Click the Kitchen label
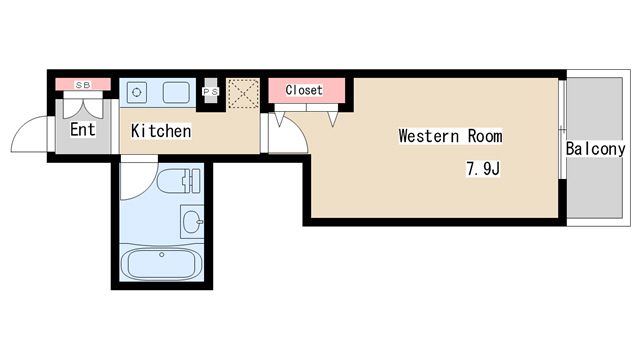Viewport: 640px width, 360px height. click(x=161, y=131)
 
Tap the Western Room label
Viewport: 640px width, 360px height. click(x=450, y=136)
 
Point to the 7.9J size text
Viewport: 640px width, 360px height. click(x=483, y=168)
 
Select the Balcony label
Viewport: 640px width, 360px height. click(x=595, y=149)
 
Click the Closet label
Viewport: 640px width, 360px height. click(x=304, y=90)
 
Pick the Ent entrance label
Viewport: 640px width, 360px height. click(x=82, y=129)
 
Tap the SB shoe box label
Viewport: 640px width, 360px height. click(x=83, y=85)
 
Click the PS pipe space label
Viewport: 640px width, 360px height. click(x=211, y=91)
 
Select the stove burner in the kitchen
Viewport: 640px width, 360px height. click(x=137, y=92)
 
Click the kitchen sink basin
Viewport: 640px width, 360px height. click(x=176, y=93)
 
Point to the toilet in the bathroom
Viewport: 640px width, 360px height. click(x=179, y=181)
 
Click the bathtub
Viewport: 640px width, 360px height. click(x=162, y=262)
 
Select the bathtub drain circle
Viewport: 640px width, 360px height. click(x=162, y=255)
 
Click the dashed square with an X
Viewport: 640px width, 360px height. click(x=243, y=93)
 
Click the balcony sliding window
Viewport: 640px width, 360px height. click(x=562, y=129)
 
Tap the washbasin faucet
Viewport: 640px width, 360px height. click(x=199, y=222)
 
